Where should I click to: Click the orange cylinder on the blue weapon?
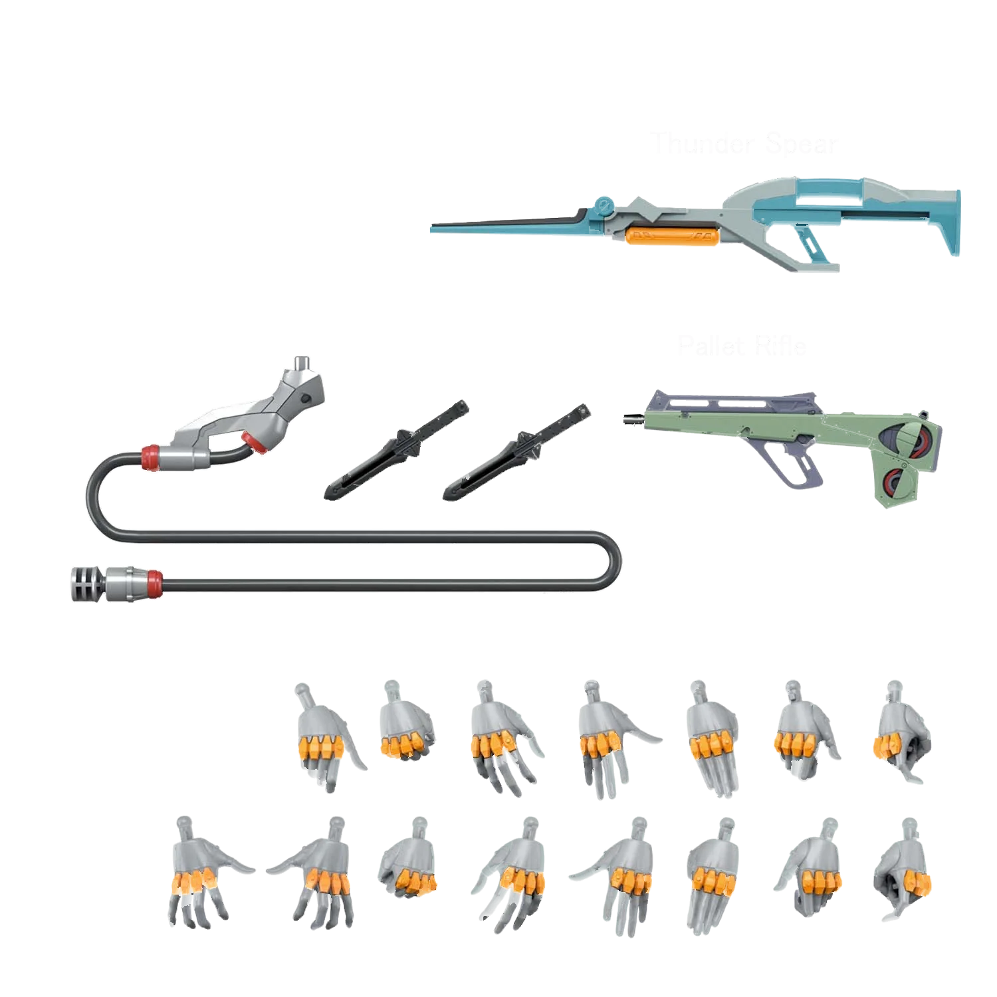tap(673, 235)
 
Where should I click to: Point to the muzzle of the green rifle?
tap(627, 419)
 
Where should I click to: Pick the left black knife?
tap(397, 450)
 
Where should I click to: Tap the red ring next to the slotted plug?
tap(154, 580)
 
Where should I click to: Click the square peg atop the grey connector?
tap(302, 363)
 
